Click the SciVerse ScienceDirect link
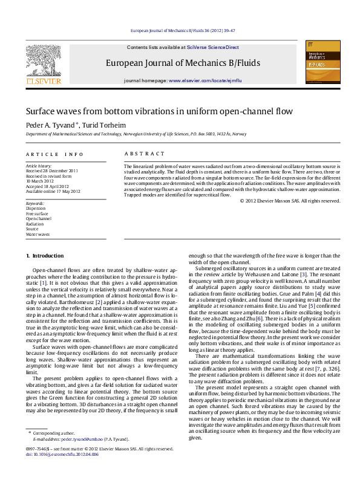click(212, 47)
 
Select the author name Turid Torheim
click(100, 125)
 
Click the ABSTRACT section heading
click(144, 154)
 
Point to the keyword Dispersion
click(35, 209)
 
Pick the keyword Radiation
click(34, 224)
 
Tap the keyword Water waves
click(38, 234)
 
